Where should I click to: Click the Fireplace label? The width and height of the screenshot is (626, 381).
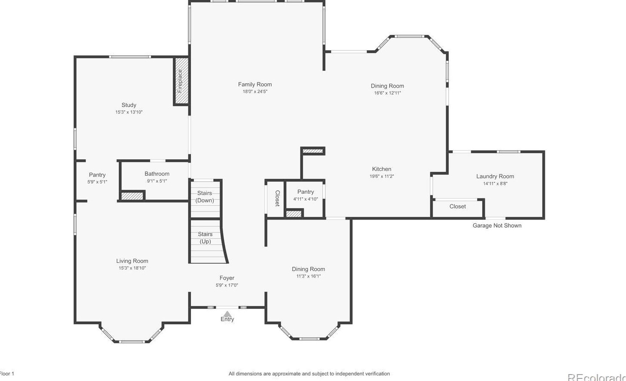(180, 81)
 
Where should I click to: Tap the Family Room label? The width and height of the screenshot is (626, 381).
(255, 85)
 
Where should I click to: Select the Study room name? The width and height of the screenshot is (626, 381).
(129, 105)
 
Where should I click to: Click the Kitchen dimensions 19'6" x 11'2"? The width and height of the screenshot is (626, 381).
(382, 176)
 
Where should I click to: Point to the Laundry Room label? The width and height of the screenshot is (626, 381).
(495, 177)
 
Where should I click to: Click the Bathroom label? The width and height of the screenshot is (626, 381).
(157, 174)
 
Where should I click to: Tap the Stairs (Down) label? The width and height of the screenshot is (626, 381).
(205, 197)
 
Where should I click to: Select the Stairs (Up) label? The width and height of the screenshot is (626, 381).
(205, 238)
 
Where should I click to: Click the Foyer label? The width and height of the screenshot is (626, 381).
(227, 278)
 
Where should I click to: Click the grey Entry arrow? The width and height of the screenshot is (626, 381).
(227, 314)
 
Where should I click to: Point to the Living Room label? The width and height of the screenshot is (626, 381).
(132, 261)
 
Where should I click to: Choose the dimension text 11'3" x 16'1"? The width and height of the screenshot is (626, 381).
(308, 276)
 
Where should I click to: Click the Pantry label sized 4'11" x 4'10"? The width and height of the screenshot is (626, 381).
(305, 192)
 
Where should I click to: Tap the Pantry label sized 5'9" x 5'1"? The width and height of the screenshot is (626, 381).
(97, 175)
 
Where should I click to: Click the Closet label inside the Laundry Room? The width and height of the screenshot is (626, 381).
(457, 207)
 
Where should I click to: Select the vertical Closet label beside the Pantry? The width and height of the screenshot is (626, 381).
(277, 198)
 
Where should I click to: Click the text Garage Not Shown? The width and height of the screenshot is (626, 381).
(497, 226)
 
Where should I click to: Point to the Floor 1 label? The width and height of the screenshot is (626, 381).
(7, 374)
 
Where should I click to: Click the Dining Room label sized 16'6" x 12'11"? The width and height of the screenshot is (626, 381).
(387, 86)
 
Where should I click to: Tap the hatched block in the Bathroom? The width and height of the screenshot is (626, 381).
(132, 196)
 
